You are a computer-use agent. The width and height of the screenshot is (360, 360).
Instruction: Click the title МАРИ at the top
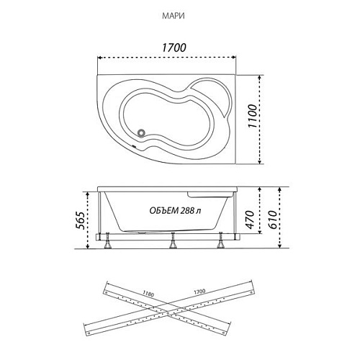pos(174,16)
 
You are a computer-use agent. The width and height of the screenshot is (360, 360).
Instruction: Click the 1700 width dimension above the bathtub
pos(174,48)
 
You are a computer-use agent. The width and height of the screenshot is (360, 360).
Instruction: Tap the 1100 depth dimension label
pos(253,116)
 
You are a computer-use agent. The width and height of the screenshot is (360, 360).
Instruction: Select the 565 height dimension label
pos(80,221)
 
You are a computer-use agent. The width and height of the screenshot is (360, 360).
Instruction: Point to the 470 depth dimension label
pos(251,220)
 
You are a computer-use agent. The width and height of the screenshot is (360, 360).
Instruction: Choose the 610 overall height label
pos(272,220)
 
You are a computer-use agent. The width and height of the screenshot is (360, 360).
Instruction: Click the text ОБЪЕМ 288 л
pos(175,211)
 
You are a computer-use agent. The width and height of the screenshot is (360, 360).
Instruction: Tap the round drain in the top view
pos(141,132)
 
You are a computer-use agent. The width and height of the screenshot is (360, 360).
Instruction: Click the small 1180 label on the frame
pos(148,293)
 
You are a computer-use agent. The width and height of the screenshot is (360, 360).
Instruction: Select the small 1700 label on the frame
pos(199,292)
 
